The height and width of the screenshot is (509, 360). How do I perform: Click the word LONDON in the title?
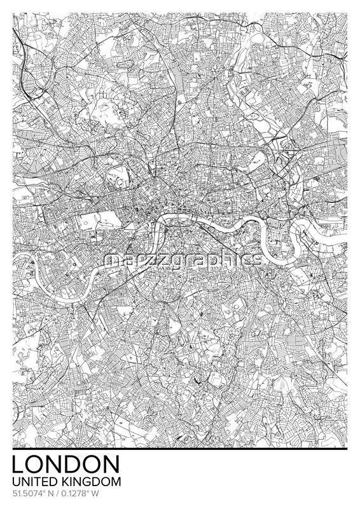point(66,464)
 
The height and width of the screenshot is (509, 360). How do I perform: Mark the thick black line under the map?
point(180,449)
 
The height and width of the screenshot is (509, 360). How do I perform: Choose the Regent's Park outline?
point(119,174)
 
